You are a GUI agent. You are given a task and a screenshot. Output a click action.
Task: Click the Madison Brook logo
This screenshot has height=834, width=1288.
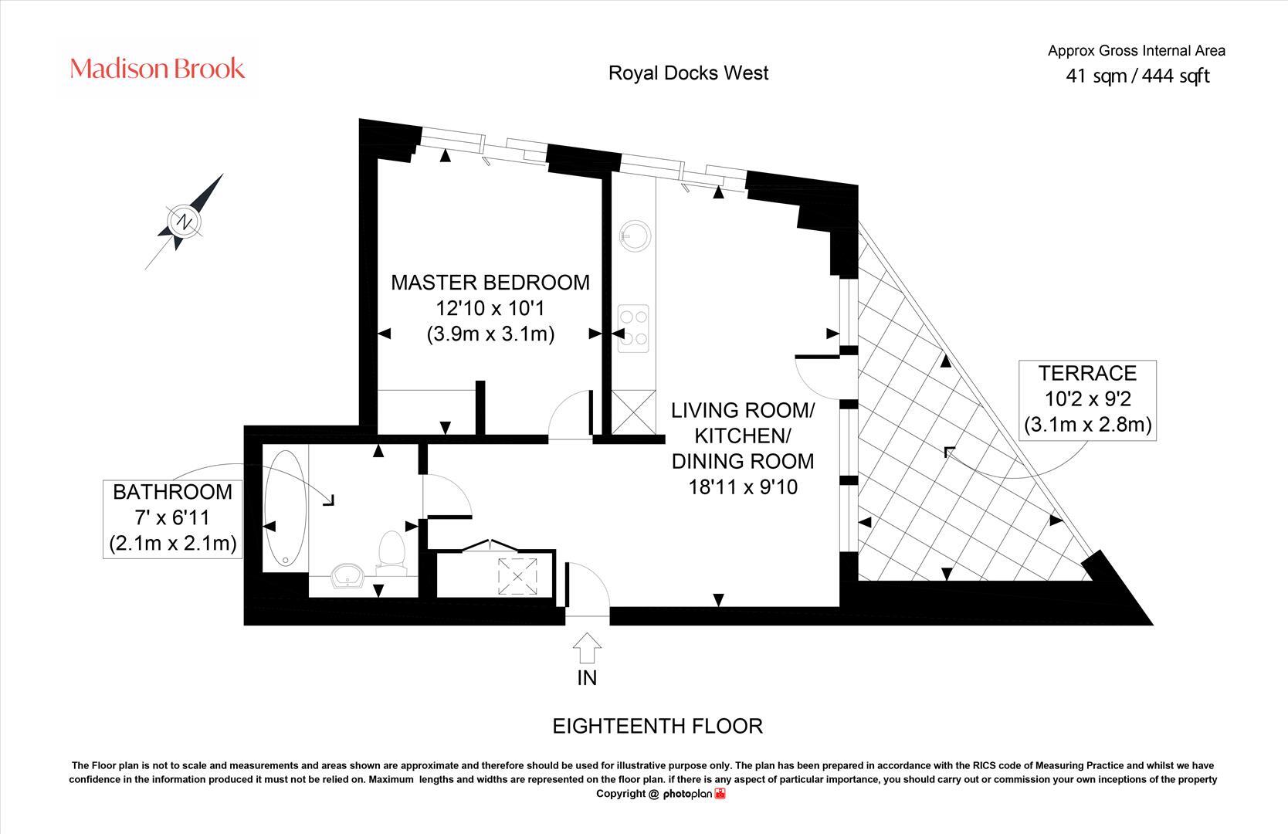pyautogui.click(x=157, y=69)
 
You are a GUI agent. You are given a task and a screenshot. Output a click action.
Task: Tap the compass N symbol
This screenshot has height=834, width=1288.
pyautogui.click(x=184, y=222)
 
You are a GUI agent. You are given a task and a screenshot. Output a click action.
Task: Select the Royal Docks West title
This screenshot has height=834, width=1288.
pyautogui.click(x=688, y=73)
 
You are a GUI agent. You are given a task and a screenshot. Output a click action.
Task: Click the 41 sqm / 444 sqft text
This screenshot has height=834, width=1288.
pyautogui.click(x=1137, y=76)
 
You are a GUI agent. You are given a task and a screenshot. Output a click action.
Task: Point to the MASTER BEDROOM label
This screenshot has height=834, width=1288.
pyautogui.click(x=490, y=283)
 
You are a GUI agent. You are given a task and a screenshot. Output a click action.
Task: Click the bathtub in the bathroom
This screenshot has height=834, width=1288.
pyautogui.click(x=285, y=508)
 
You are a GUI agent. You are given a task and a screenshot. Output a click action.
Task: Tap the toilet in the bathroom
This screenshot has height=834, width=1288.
pyautogui.click(x=392, y=553)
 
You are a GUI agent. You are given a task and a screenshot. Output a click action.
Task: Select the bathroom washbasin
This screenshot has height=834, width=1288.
pyautogui.click(x=348, y=576)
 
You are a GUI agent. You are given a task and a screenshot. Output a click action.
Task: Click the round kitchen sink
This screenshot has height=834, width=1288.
pyautogui.click(x=635, y=236)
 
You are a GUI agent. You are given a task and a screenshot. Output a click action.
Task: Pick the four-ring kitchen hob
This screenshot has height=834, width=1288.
pyautogui.click(x=633, y=328)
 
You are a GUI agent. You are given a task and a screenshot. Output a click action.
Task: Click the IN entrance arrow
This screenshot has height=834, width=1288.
pyautogui.click(x=587, y=648)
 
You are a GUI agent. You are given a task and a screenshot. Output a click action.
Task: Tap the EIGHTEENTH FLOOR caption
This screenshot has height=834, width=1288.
pyautogui.click(x=657, y=726)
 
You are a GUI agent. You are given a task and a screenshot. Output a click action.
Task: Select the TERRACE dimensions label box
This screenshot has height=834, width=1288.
pyautogui.click(x=1087, y=400)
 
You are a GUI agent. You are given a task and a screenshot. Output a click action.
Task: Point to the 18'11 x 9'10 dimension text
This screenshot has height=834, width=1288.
pyautogui.click(x=743, y=487)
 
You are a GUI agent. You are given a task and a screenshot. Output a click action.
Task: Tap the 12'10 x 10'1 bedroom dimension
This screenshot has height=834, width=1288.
pyautogui.click(x=490, y=308)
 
